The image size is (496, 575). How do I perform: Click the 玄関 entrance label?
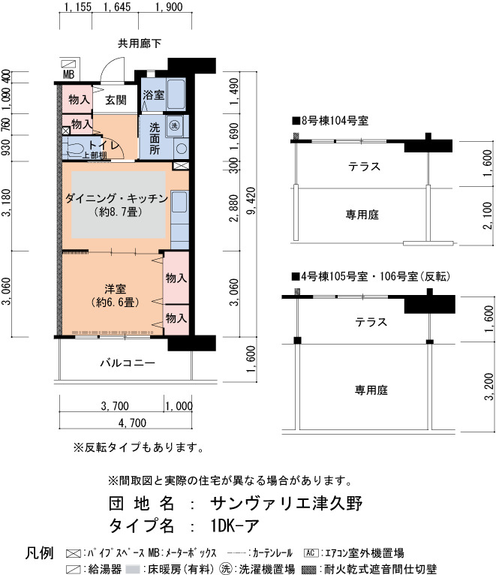pyautogui.click(x=116, y=100)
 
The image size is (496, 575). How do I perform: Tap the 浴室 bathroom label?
pyautogui.click(x=154, y=95)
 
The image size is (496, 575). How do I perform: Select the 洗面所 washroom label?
pyautogui.click(x=155, y=138)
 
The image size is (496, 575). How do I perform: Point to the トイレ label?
pyautogui.click(x=104, y=145)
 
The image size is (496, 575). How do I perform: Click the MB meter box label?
pyautogui.click(x=68, y=75)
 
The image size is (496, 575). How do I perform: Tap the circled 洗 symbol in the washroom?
pyautogui.click(x=174, y=125)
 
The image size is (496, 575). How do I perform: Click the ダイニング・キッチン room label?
pyautogui.click(x=116, y=198)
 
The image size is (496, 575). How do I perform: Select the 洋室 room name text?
pyautogui.click(x=115, y=289)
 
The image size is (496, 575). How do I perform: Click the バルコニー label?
pyautogui.click(x=128, y=363)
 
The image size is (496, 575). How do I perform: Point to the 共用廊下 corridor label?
pyautogui.click(x=140, y=44)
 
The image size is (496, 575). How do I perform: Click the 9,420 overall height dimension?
pyautogui.click(x=251, y=201)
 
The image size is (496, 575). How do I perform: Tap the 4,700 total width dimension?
pyautogui.click(x=132, y=423)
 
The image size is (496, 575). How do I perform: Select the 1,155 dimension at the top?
pyautogui.click(x=77, y=7)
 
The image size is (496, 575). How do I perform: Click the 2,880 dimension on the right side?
pyautogui.click(x=233, y=208)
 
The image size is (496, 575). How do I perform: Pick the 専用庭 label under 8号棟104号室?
pyautogui.click(x=362, y=215)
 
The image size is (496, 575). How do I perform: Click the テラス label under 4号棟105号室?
pyautogui.click(x=371, y=322)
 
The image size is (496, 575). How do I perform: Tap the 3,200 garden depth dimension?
pyautogui.click(x=489, y=387)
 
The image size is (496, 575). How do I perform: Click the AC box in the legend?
pyautogui.click(x=311, y=552)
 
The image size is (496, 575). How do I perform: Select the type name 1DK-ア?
pyautogui.click(x=235, y=525)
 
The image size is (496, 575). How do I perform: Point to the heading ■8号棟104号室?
pyautogui.click(x=330, y=121)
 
